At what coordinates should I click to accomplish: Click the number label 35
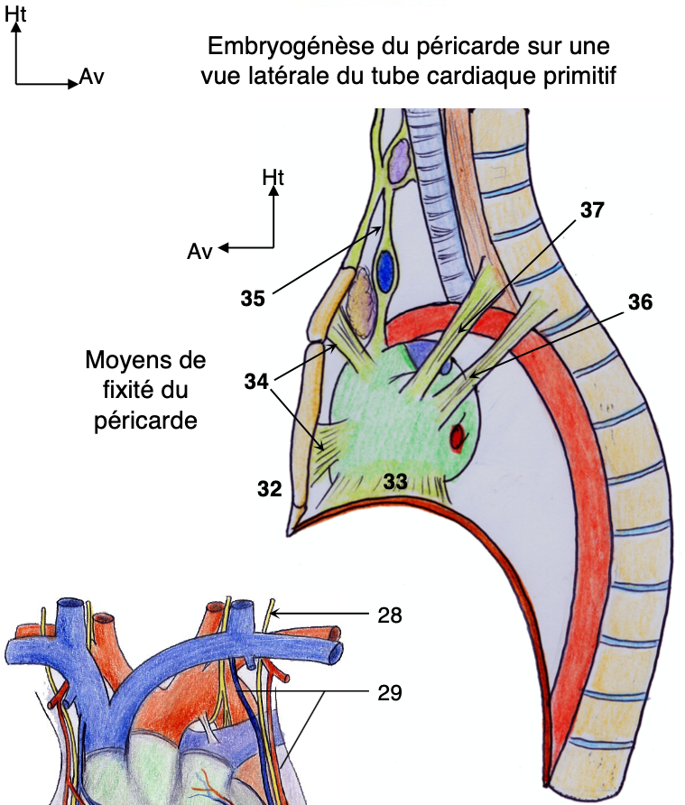point(253,297)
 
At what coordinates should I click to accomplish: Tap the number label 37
point(592,209)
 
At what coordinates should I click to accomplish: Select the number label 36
point(639,301)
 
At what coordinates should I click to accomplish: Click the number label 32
point(269,490)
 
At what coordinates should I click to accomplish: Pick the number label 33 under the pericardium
point(395,483)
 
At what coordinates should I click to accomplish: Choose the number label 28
point(390,615)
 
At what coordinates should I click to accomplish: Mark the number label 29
point(390,693)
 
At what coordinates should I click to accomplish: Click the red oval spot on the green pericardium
point(458,438)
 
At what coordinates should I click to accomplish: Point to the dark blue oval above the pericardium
point(386,268)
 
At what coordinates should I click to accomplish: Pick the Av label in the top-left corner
point(92,76)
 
